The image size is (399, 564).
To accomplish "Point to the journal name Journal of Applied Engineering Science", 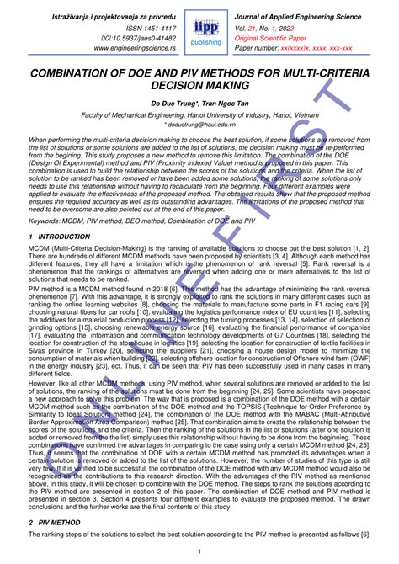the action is click(x=306, y=13).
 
